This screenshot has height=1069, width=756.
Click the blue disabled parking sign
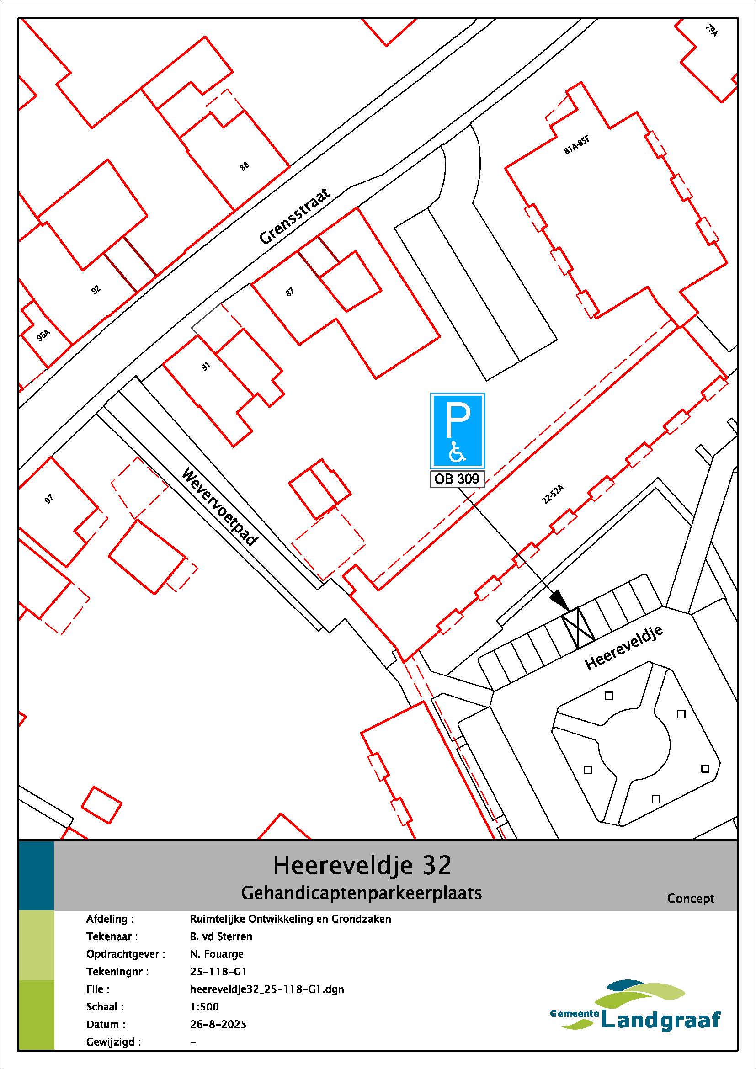[x=458, y=430]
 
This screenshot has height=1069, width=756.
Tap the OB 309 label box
[x=457, y=479]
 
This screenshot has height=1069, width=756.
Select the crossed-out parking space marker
[x=578, y=628]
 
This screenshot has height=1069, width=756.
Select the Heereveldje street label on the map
[x=624, y=648]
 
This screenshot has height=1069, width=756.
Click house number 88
[x=245, y=166]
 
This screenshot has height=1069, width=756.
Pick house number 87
[x=289, y=292]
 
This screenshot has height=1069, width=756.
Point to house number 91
[x=205, y=366]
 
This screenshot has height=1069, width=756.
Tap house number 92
[x=96, y=290]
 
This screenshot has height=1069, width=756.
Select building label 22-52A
[x=553, y=494]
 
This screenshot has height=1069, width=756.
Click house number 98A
[x=43, y=334]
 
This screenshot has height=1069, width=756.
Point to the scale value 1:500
[x=204, y=1006]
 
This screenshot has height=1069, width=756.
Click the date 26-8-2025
[x=218, y=1024]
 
